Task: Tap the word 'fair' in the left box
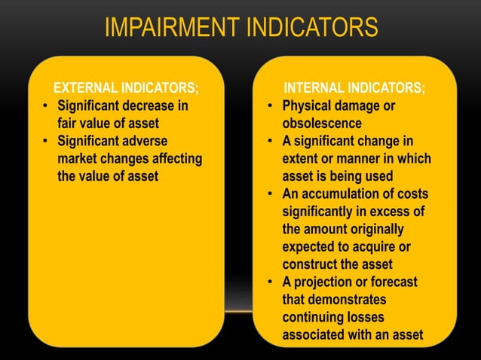70,123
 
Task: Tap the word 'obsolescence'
322,123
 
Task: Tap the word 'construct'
311,264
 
